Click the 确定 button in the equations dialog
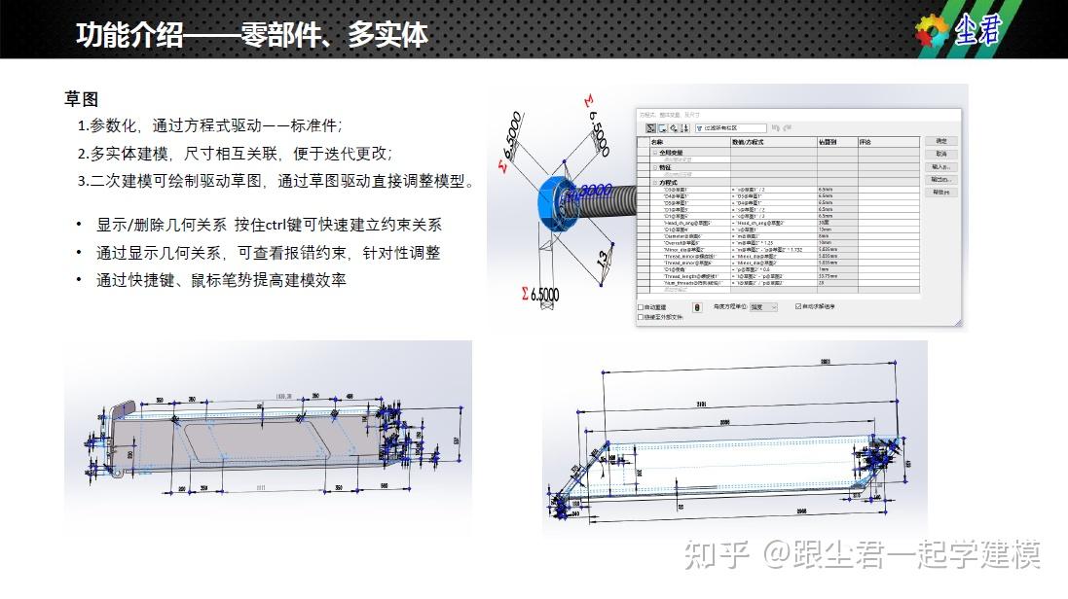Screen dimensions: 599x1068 (939, 141)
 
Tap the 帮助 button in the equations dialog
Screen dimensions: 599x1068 (939, 193)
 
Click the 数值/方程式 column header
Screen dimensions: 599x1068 (750, 142)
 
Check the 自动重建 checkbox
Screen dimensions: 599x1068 (641, 306)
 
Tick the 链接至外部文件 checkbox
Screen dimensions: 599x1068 (641, 317)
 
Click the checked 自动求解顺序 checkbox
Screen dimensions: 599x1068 (798, 306)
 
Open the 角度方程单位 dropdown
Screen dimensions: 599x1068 (763, 306)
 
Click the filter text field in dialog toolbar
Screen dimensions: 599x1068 (731, 127)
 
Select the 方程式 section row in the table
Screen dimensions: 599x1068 (668, 182)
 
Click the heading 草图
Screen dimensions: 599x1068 (81, 100)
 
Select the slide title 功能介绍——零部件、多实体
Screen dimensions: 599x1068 (252, 35)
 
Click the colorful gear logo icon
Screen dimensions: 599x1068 (932, 32)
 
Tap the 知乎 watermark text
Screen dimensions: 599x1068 (717, 554)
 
